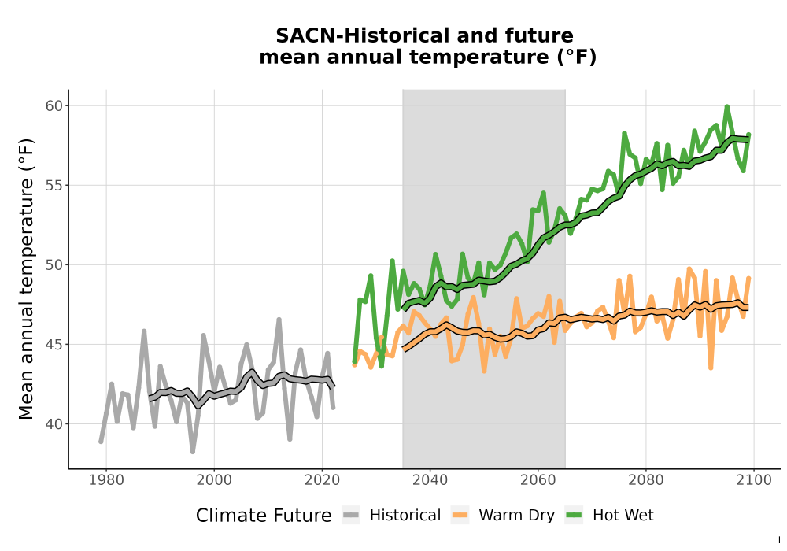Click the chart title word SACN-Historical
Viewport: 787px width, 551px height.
click(356, 35)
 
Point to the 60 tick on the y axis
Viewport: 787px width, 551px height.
click(54, 106)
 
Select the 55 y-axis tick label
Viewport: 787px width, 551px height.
click(54, 185)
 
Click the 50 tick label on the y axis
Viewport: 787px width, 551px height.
click(54, 265)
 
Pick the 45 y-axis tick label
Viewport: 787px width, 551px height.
click(54, 344)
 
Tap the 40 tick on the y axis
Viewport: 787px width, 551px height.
click(54, 424)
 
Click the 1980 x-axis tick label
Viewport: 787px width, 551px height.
click(106, 480)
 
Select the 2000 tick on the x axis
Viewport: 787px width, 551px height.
click(214, 480)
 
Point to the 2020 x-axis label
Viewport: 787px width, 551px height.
click(322, 480)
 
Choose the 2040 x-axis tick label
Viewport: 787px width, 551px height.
click(430, 480)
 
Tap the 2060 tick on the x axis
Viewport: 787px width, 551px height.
click(538, 480)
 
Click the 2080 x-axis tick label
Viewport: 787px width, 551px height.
click(646, 480)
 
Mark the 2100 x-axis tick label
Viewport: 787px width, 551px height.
click(754, 480)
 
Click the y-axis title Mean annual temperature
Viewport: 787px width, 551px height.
click(26, 279)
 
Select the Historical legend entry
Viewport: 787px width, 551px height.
click(391, 516)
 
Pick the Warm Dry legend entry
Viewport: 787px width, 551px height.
click(503, 516)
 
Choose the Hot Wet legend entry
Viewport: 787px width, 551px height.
click(609, 516)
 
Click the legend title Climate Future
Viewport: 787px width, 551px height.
click(264, 516)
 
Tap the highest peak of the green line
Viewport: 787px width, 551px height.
click(726, 106)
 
